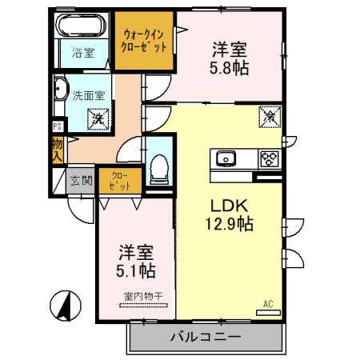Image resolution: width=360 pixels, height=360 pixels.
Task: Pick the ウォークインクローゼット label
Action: (x=145, y=41)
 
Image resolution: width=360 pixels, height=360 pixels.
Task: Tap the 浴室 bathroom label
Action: (x=82, y=55)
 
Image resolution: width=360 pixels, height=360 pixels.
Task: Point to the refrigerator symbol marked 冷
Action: (x=269, y=117)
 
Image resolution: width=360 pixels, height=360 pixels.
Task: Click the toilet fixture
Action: (x=158, y=166)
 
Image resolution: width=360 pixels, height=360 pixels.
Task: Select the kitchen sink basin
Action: (x=225, y=158)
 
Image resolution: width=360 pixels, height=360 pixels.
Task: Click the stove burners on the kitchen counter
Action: (x=269, y=157)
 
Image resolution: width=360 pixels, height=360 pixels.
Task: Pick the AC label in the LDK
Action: (x=268, y=304)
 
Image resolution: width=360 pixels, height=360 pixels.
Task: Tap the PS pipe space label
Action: (x=57, y=126)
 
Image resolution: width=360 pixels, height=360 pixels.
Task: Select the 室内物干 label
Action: (x=144, y=297)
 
